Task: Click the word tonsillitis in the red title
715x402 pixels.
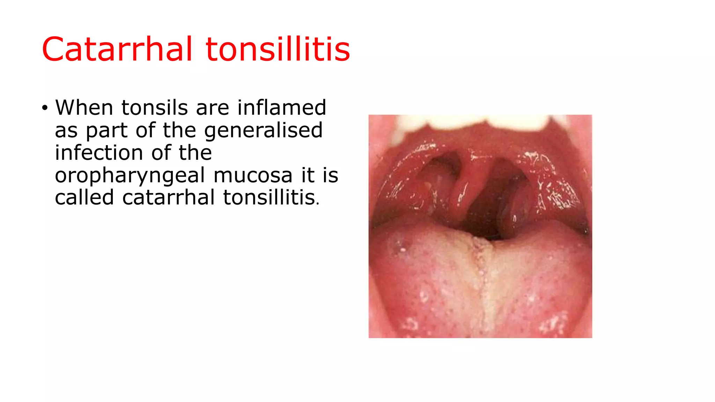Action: (x=278, y=49)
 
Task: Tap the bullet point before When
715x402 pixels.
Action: (x=44, y=108)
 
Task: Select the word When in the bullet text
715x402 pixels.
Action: (x=84, y=107)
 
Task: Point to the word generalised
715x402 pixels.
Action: (x=263, y=131)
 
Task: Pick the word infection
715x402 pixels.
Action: (x=99, y=153)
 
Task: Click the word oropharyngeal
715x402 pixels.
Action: (x=130, y=176)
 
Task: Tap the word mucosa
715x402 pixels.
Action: (x=253, y=175)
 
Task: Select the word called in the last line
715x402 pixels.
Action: (x=84, y=198)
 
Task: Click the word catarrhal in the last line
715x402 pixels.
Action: (x=168, y=198)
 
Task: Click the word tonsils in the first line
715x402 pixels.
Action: (x=154, y=107)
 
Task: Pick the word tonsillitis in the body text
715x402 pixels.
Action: (x=269, y=198)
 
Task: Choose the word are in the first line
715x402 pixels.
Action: (x=212, y=108)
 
